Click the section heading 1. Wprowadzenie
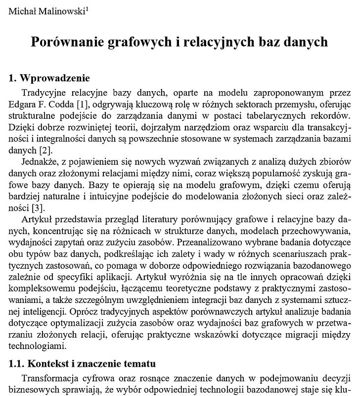pyautogui.click(x=49, y=79)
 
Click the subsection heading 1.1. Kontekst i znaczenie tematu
pyautogui.click(x=83, y=364)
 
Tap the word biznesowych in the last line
pyautogui.click(x=32, y=389)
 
